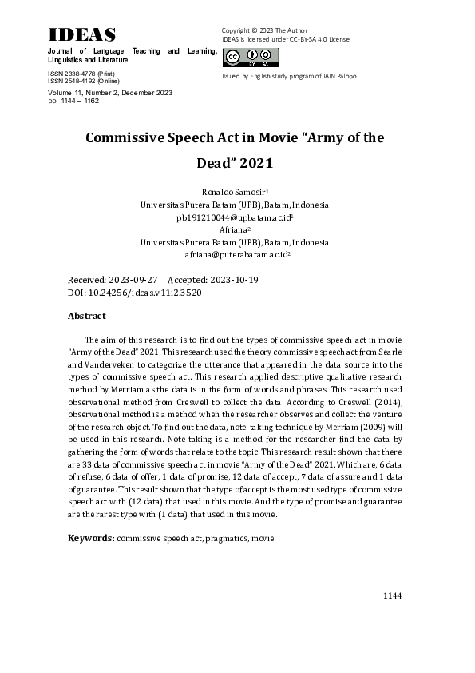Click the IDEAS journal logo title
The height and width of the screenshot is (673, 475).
(x=82, y=34)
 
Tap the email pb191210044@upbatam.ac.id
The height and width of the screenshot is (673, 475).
(x=234, y=217)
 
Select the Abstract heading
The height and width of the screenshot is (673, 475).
(x=87, y=317)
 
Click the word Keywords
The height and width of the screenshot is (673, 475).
(x=89, y=539)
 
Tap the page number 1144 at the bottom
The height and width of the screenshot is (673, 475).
(x=392, y=596)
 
